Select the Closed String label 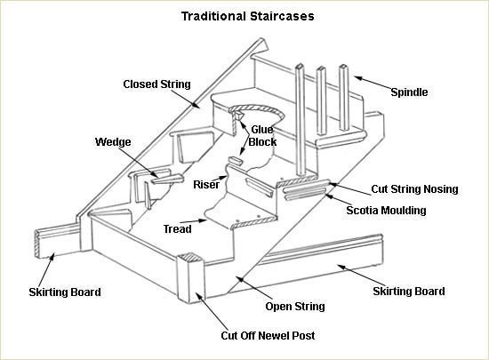coord(156,84)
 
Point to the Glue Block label coord(262,135)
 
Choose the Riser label coord(206,185)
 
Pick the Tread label coord(177,228)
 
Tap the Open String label coord(295,307)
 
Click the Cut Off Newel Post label coord(267,336)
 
